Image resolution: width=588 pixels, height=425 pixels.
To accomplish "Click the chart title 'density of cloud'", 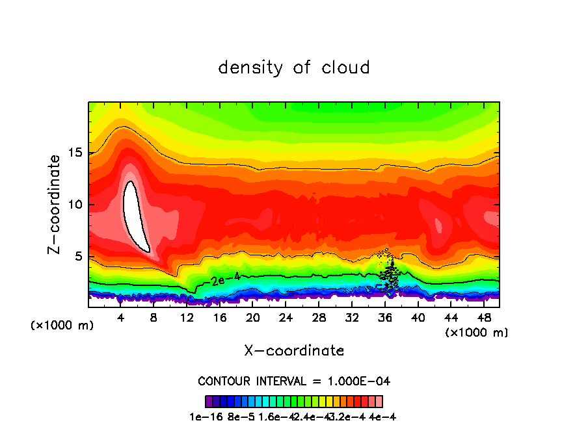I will (294, 68).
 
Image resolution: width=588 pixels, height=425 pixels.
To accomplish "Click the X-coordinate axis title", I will (294, 351).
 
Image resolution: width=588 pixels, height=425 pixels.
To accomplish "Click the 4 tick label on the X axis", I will (121, 318).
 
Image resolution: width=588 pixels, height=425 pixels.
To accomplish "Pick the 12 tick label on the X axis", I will (187, 318).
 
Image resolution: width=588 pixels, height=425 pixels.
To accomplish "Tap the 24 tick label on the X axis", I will (286, 318).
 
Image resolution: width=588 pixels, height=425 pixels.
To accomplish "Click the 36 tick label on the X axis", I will (384, 318).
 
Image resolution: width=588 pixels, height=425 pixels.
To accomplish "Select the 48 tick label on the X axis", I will (483, 318).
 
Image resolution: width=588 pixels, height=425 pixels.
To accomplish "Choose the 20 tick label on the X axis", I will (252, 318).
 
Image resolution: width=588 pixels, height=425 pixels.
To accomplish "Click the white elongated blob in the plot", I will (136, 218).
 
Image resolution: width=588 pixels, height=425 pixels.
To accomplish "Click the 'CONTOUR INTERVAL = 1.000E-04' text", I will (294, 381).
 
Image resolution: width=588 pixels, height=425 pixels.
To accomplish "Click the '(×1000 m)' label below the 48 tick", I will (476, 333).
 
